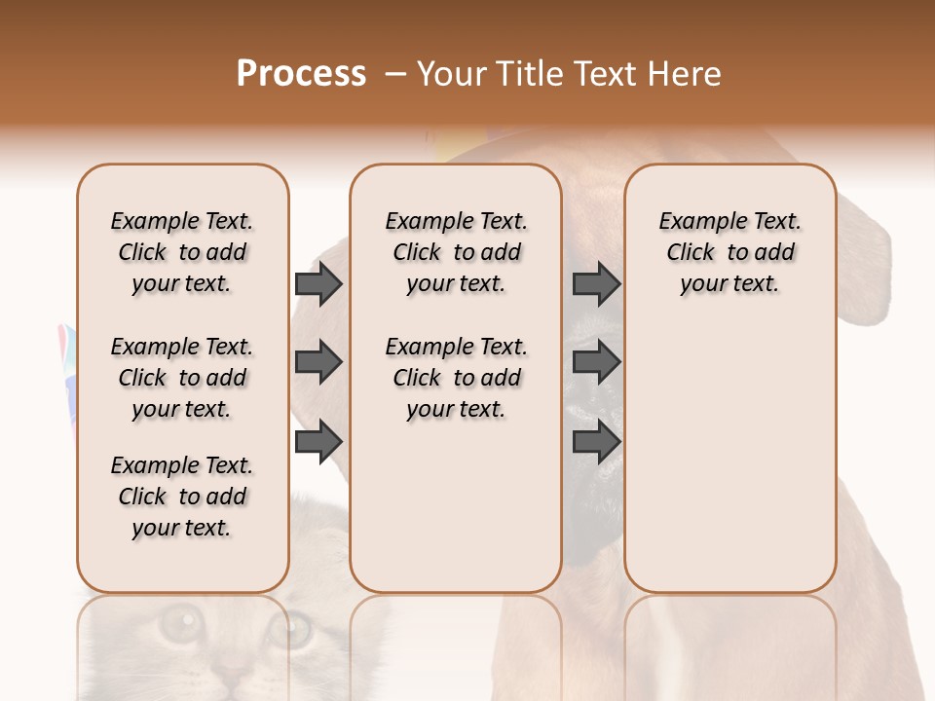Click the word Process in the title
[x=301, y=74]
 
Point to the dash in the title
[x=395, y=74]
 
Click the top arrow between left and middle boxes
[x=318, y=284]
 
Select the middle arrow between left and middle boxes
[x=318, y=363]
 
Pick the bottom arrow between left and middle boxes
[x=318, y=442]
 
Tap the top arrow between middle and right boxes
[x=596, y=284]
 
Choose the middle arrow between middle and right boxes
[x=596, y=363]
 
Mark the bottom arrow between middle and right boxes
[x=596, y=442]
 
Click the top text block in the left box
[x=182, y=252]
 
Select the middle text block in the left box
[x=182, y=378]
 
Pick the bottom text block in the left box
[x=182, y=497]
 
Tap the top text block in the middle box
[x=456, y=252]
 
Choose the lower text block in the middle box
[x=456, y=378]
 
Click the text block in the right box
[x=729, y=252]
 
